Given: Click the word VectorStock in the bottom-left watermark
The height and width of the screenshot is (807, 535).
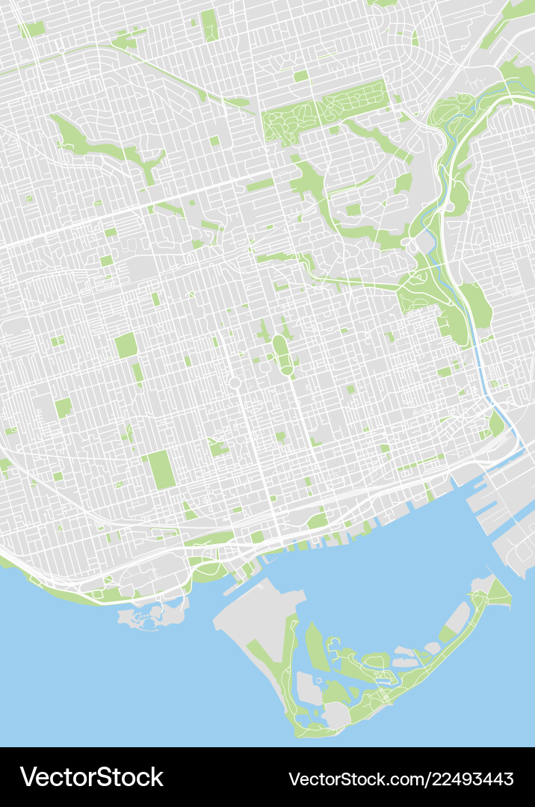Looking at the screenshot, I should [91, 777].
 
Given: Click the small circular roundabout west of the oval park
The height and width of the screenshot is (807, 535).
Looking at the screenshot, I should [234, 383].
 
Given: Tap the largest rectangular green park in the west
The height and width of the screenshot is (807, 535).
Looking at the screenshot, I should [161, 470].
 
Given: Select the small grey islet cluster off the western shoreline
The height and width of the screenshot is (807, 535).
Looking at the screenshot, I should [149, 615].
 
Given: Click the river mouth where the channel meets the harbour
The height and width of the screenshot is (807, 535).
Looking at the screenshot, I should [516, 448].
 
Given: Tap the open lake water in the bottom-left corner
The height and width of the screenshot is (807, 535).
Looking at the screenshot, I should [75, 687].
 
